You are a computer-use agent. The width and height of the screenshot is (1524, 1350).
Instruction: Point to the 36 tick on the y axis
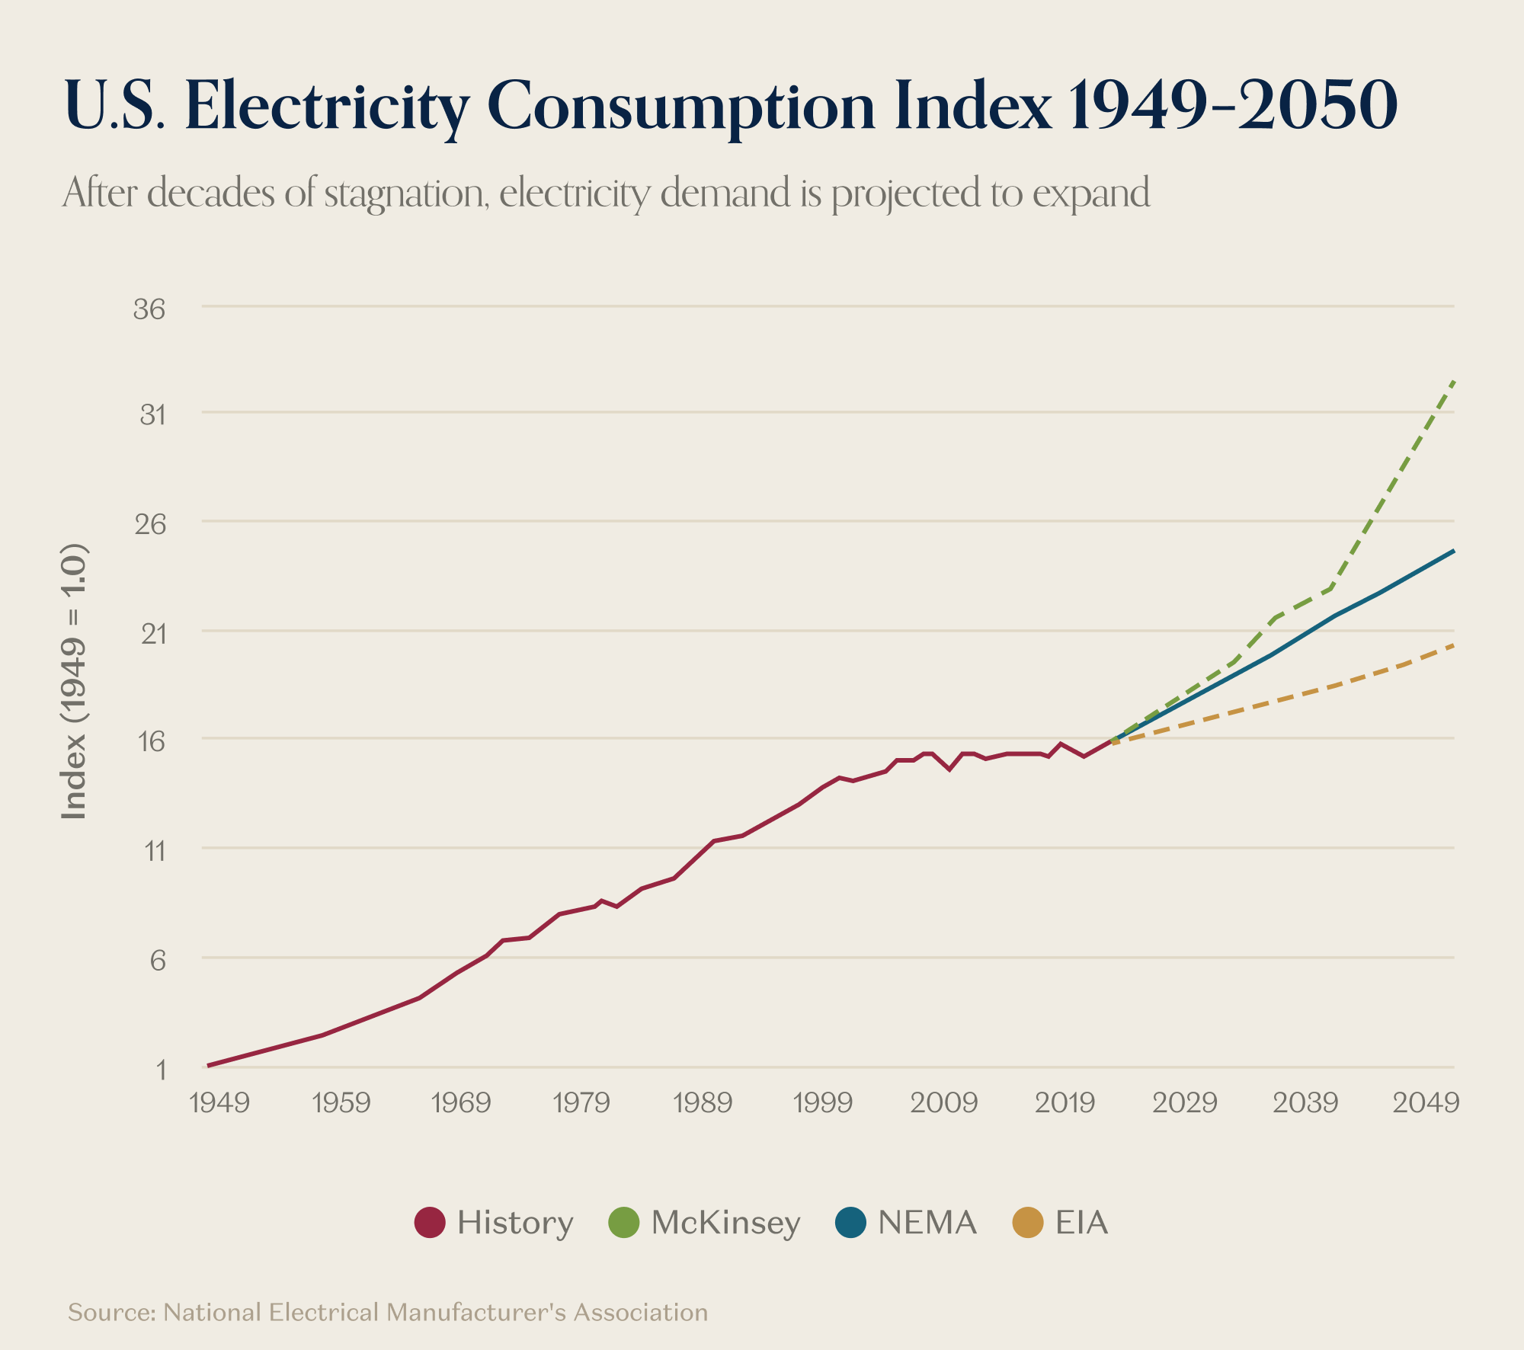tap(149, 309)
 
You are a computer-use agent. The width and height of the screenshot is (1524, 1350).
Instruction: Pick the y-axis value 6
tap(158, 960)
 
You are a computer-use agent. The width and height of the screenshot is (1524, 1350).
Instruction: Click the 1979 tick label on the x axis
tap(581, 1102)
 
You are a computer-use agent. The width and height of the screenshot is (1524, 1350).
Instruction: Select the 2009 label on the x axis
tap(943, 1102)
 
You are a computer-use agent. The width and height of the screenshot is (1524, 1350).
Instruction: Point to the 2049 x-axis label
tap(1426, 1102)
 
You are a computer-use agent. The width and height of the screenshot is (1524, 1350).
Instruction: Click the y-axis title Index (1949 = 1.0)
tap(74, 682)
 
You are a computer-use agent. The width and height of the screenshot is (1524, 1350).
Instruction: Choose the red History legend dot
tap(430, 1223)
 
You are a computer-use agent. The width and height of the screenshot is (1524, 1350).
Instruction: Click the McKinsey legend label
tap(725, 1223)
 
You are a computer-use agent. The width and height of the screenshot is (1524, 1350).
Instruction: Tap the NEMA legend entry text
tap(927, 1223)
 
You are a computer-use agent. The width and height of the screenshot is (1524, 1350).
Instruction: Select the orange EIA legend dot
tap(1027, 1223)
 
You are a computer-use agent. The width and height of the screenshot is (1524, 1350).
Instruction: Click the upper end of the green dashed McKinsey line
tap(1454, 380)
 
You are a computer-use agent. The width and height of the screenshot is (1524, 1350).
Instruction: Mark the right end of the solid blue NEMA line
tap(1454, 551)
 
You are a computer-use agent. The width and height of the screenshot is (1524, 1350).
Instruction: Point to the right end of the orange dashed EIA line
tap(1454, 645)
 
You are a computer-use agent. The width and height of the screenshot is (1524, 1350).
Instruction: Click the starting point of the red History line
tap(208, 1065)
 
